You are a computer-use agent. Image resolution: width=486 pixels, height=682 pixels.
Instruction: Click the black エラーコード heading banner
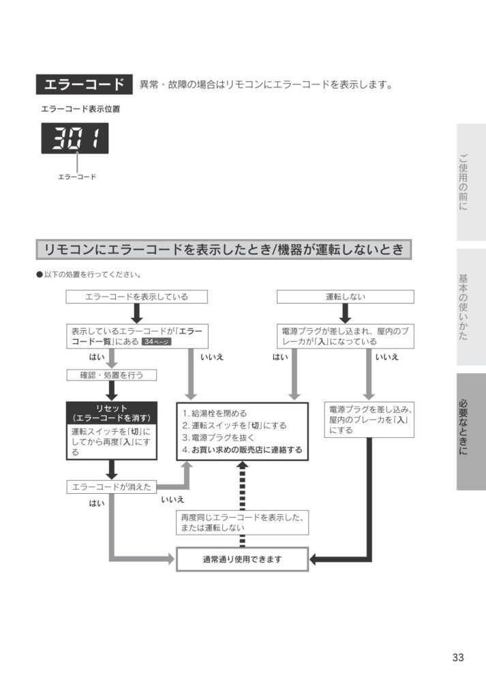click(84, 85)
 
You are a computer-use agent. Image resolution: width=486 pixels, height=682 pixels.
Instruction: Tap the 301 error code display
click(75, 138)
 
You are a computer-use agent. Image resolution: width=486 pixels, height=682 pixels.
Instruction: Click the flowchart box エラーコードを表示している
click(136, 297)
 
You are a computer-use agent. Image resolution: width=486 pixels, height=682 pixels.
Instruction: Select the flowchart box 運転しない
click(345, 297)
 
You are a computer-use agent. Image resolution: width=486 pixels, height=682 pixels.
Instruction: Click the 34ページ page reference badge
click(157, 342)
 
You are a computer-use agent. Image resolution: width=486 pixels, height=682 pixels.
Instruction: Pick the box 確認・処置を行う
click(112, 375)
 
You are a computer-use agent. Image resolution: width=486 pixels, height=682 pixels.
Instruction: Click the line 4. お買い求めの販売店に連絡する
click(242, 449)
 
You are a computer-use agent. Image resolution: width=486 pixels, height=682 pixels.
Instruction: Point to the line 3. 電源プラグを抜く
click(218, 438)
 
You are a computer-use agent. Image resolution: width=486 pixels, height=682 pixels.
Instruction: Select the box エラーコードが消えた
click(112, 487)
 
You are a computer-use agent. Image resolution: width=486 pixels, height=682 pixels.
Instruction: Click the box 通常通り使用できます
click(242, 559)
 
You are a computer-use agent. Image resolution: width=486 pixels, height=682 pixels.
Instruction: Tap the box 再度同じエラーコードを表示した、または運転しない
click(242, 522)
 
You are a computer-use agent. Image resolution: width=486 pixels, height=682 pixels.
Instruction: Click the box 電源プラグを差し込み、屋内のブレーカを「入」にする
click(369, 419)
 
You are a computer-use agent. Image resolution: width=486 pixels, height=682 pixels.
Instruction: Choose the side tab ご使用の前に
click(471, 182)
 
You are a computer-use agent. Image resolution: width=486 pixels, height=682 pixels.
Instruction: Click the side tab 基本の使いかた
click(471, 307)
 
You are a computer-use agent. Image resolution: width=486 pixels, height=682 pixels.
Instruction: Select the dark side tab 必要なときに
click(471, 432)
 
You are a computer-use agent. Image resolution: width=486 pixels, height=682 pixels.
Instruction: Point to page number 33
click(458, 657)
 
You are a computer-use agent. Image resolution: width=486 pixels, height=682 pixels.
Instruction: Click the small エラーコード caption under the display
click(77, 177)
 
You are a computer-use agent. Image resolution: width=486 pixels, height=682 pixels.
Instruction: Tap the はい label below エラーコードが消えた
click(97, 503)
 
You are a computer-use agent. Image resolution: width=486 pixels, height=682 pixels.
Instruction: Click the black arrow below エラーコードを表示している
click(136, 313)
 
